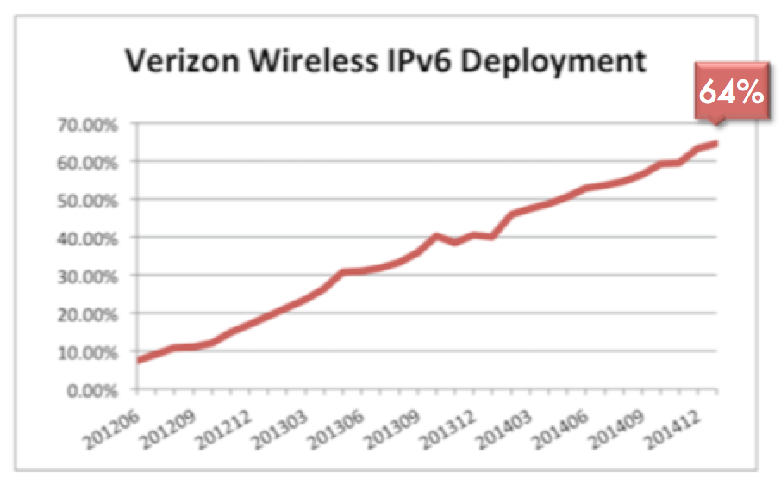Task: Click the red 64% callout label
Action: pos(731,92)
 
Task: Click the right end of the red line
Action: pos(716,143)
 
